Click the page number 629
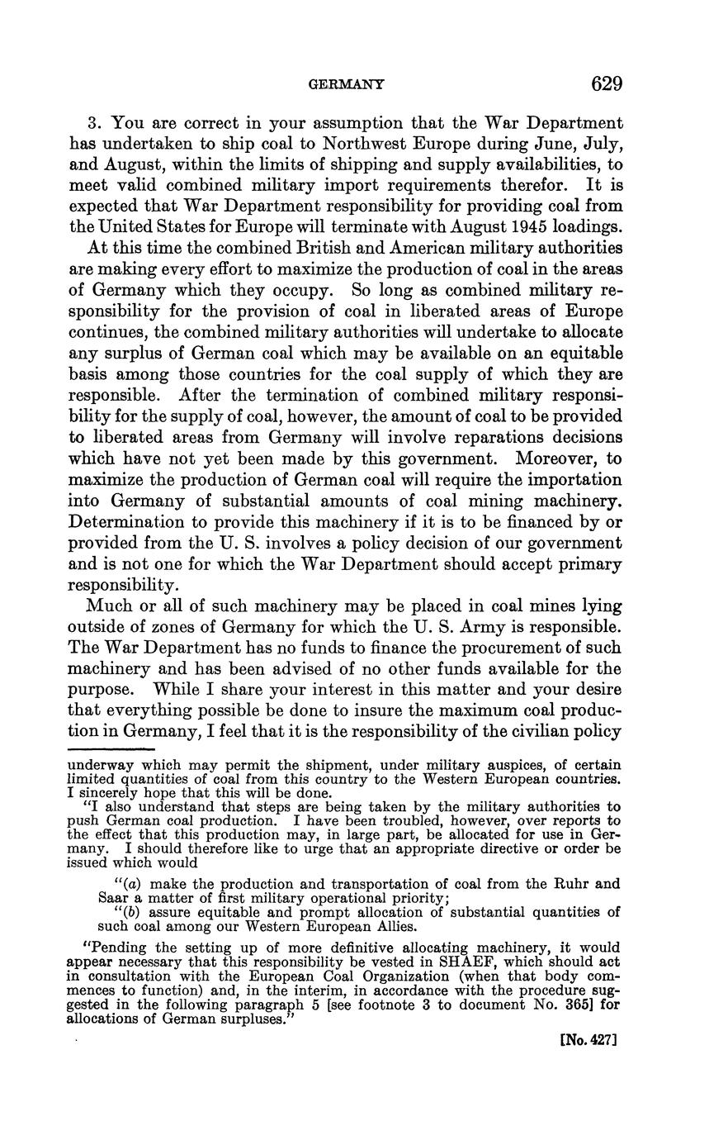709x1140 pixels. tap(606, 83)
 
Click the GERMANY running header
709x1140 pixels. tap(346, 84)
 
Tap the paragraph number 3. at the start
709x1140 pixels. tap(94, 122)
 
